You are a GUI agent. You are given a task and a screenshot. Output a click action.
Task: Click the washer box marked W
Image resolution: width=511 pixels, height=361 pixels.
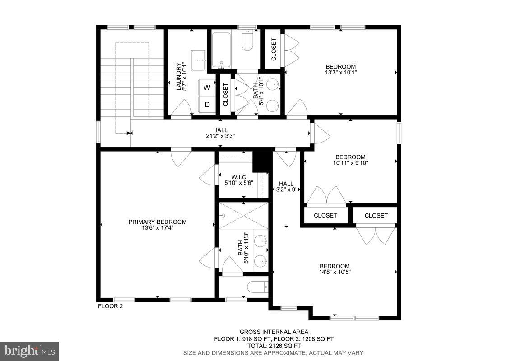[207, 88]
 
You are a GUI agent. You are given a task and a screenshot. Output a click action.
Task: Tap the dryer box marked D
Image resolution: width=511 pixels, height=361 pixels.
[207, 105]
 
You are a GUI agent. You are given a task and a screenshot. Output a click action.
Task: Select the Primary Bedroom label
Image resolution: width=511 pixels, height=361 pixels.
[157, 222]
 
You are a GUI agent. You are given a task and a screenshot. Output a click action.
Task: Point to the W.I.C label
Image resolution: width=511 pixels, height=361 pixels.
[238, 176]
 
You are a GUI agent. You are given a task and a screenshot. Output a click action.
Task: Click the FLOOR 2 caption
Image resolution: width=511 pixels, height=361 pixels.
[110, 306]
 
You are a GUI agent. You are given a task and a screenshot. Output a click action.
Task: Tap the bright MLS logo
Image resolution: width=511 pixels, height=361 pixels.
[29, 351]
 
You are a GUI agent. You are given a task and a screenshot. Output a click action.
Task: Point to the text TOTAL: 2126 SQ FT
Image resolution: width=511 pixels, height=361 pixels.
[274, 346]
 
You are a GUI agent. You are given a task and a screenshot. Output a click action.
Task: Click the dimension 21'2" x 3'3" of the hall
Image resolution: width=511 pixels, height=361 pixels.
[220, 136]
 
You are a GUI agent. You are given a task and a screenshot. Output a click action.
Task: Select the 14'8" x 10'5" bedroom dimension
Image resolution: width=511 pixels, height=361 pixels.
[334, 272]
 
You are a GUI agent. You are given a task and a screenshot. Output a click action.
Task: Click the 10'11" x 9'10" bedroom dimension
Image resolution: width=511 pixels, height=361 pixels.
[350, 163]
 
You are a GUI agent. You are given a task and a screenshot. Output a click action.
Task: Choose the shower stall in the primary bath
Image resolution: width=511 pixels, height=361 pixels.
[244, 216]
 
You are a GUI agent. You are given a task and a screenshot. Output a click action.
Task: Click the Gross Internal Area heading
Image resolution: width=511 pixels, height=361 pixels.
[274, 332]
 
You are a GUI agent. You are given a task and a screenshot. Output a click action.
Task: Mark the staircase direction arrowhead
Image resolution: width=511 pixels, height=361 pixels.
[130, 133]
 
